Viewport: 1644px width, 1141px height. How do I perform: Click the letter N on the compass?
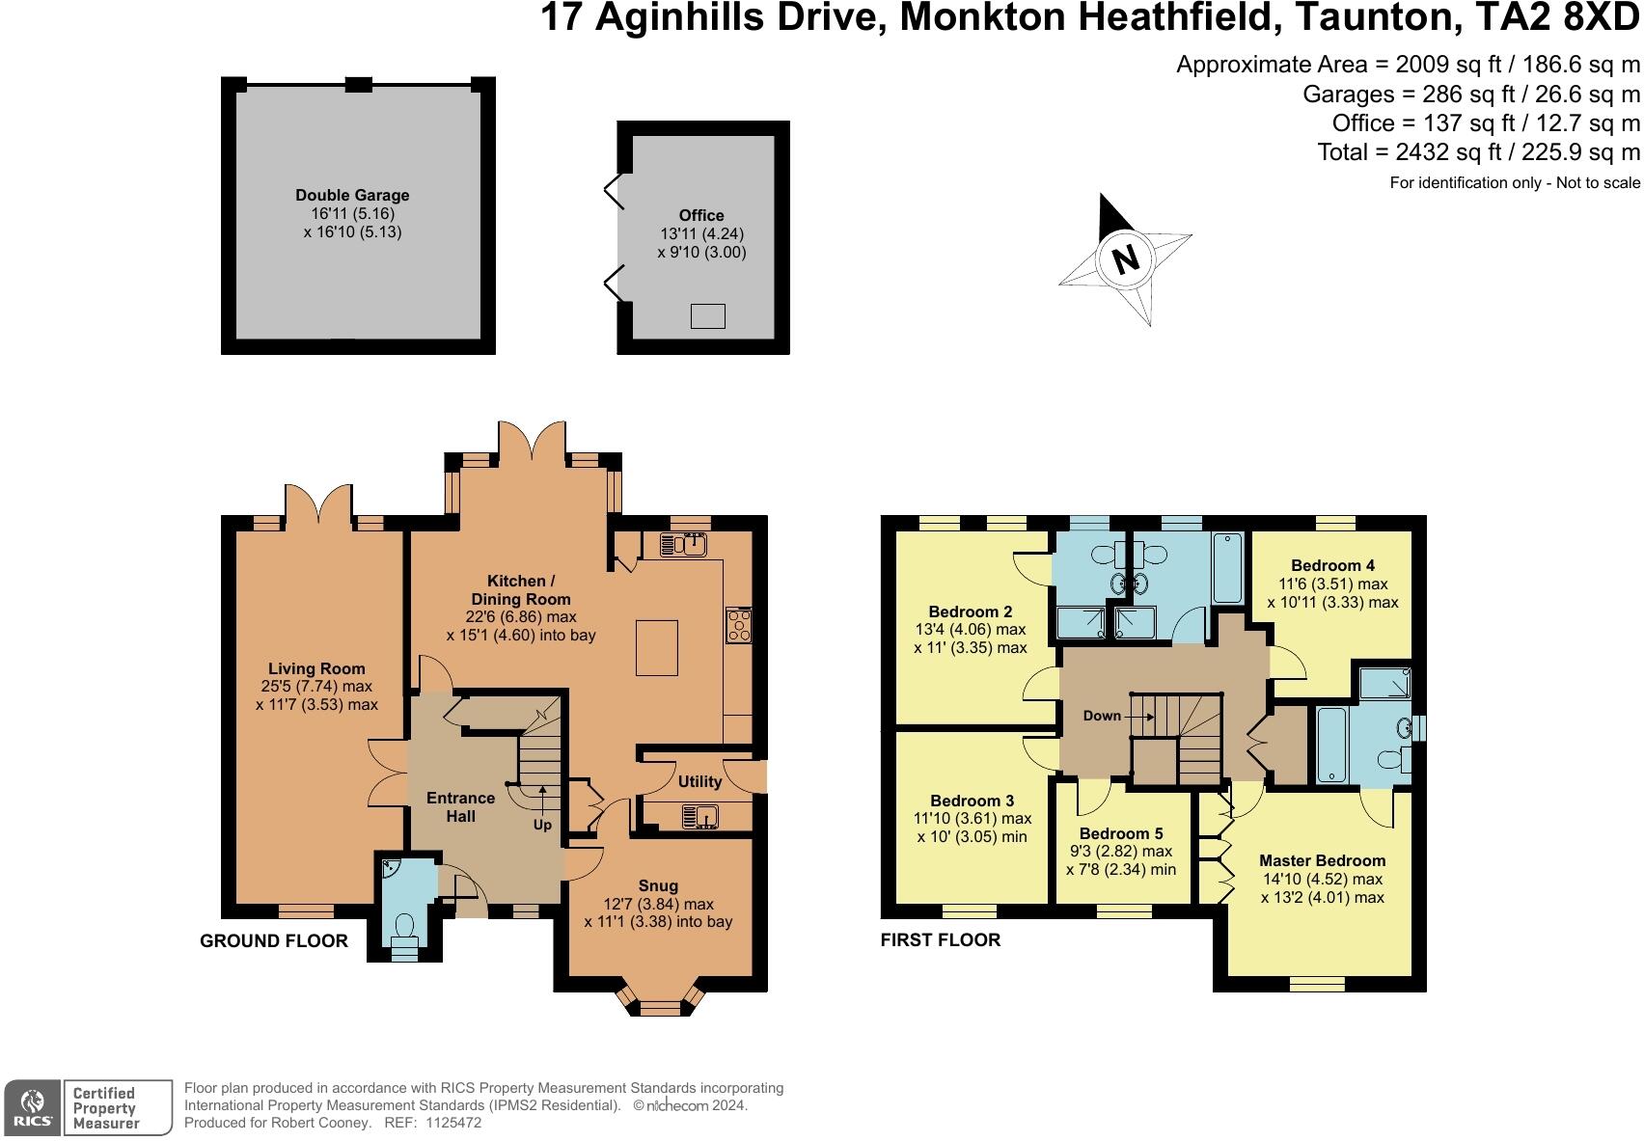[1126, 258]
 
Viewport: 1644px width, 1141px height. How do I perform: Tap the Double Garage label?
[352, 195]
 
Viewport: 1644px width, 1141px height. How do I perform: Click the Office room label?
[700, 215]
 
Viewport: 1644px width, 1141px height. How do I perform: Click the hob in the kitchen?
[739, 625]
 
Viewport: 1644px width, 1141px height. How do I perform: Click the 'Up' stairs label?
[543, 825]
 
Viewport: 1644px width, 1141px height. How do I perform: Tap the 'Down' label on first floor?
[1102, 716]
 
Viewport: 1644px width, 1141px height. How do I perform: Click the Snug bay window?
[660, 1006]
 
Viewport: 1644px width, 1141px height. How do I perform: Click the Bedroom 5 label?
[1121, 833]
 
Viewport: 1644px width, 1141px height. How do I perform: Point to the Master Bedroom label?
[1322, 860]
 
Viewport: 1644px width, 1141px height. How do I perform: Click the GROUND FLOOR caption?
[274, 940]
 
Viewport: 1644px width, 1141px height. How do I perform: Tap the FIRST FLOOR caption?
[941, 939]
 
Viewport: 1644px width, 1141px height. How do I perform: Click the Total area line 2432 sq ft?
[1478, 152]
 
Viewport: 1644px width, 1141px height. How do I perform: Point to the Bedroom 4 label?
[1332, 565]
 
